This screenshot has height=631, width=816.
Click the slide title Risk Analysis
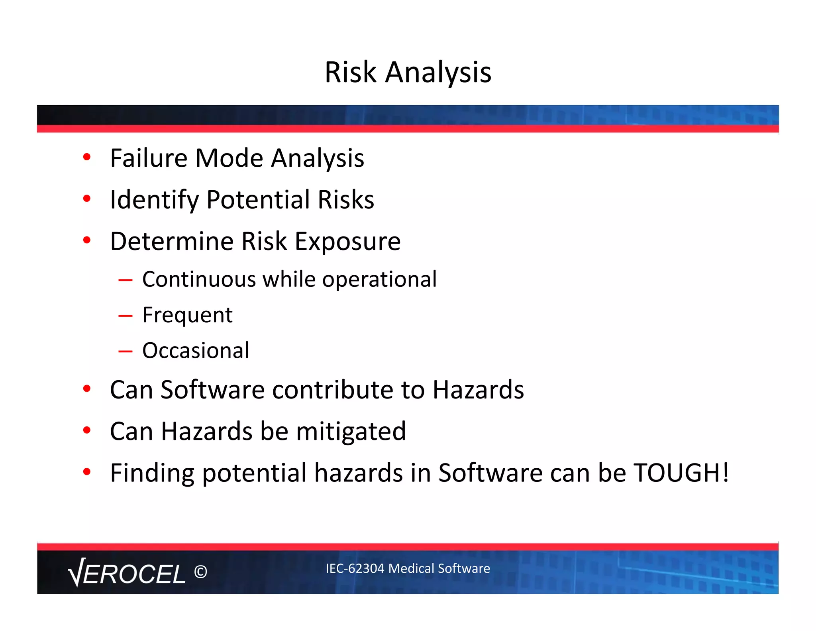tap(408, 72)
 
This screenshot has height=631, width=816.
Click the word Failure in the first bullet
tap(148, 158)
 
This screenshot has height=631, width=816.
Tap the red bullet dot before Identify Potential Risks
tap(87, 198)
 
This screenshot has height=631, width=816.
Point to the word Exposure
tap(347, 242)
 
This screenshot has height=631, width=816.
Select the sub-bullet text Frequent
tap(187, 315)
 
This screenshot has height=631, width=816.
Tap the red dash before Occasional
tap(125, 351)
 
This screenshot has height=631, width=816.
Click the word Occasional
tap(196, 351)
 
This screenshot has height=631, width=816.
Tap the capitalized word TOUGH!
tap(681, 473)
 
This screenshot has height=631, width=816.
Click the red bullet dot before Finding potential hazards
tap(87, 472)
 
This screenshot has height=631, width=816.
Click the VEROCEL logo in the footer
tap(127, 572)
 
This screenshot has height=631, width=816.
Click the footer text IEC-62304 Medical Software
tap(408, 568)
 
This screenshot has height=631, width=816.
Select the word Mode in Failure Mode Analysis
tap(229, 158)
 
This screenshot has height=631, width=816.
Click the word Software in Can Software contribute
tap(212, 390)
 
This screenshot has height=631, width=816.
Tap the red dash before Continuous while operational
tap(125, 280)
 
